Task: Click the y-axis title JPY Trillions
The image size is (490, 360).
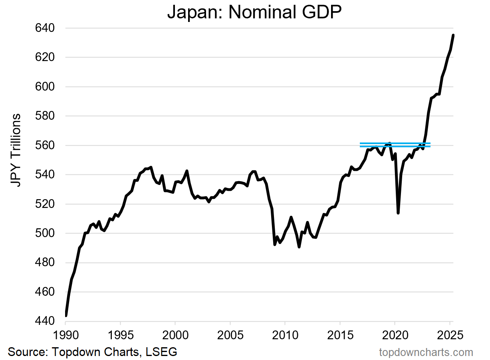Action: (16, 150)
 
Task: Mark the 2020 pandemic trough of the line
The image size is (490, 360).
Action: (398, 213)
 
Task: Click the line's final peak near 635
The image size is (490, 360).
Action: (453, 35)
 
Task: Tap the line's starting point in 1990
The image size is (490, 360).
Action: (65, 315)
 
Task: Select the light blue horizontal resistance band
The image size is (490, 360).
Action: (395, 144)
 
